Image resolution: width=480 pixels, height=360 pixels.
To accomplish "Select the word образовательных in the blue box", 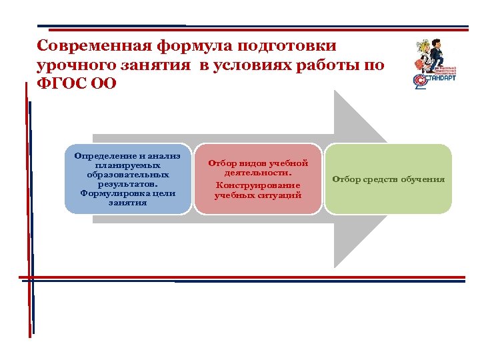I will coord(127,174).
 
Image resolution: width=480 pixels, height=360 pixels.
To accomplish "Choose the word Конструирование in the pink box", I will coord(258,185).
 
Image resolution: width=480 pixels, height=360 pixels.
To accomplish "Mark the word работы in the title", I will coord(337,65).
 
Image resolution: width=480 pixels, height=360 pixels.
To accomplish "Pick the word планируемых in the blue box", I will coord(127,165).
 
